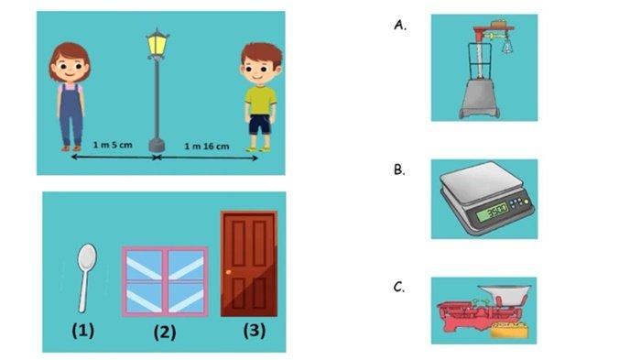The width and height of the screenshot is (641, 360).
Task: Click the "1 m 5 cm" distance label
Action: pos(113,145)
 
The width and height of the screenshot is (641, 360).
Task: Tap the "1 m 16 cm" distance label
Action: pos(206,147)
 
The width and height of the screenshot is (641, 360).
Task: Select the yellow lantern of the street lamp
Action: pos(157,44)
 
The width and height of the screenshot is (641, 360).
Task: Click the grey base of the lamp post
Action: pos(157,146)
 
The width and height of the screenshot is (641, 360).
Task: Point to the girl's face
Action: pos(69,69)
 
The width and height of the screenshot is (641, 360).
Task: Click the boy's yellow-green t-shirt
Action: pos(260,101)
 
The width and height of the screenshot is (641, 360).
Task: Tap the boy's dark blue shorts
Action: pos(260,125)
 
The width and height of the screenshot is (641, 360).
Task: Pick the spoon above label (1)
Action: pos(86,278)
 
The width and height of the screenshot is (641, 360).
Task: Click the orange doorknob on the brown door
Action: pos(228,272)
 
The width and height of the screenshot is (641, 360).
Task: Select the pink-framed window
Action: pos(165,281)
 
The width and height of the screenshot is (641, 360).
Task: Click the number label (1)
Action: pos(83,330)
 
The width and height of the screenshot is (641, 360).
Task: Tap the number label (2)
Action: pos(165,333)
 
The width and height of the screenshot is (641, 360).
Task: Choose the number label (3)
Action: pos(255,330)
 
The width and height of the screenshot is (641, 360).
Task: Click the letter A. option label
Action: pos(400,26)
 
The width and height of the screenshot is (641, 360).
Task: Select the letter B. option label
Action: pos(399,169)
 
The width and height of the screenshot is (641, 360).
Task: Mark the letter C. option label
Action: pos(399,288)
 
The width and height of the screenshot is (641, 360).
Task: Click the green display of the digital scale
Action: pos(493,212)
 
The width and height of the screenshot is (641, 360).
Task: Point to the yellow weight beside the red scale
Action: pos(509,329)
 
